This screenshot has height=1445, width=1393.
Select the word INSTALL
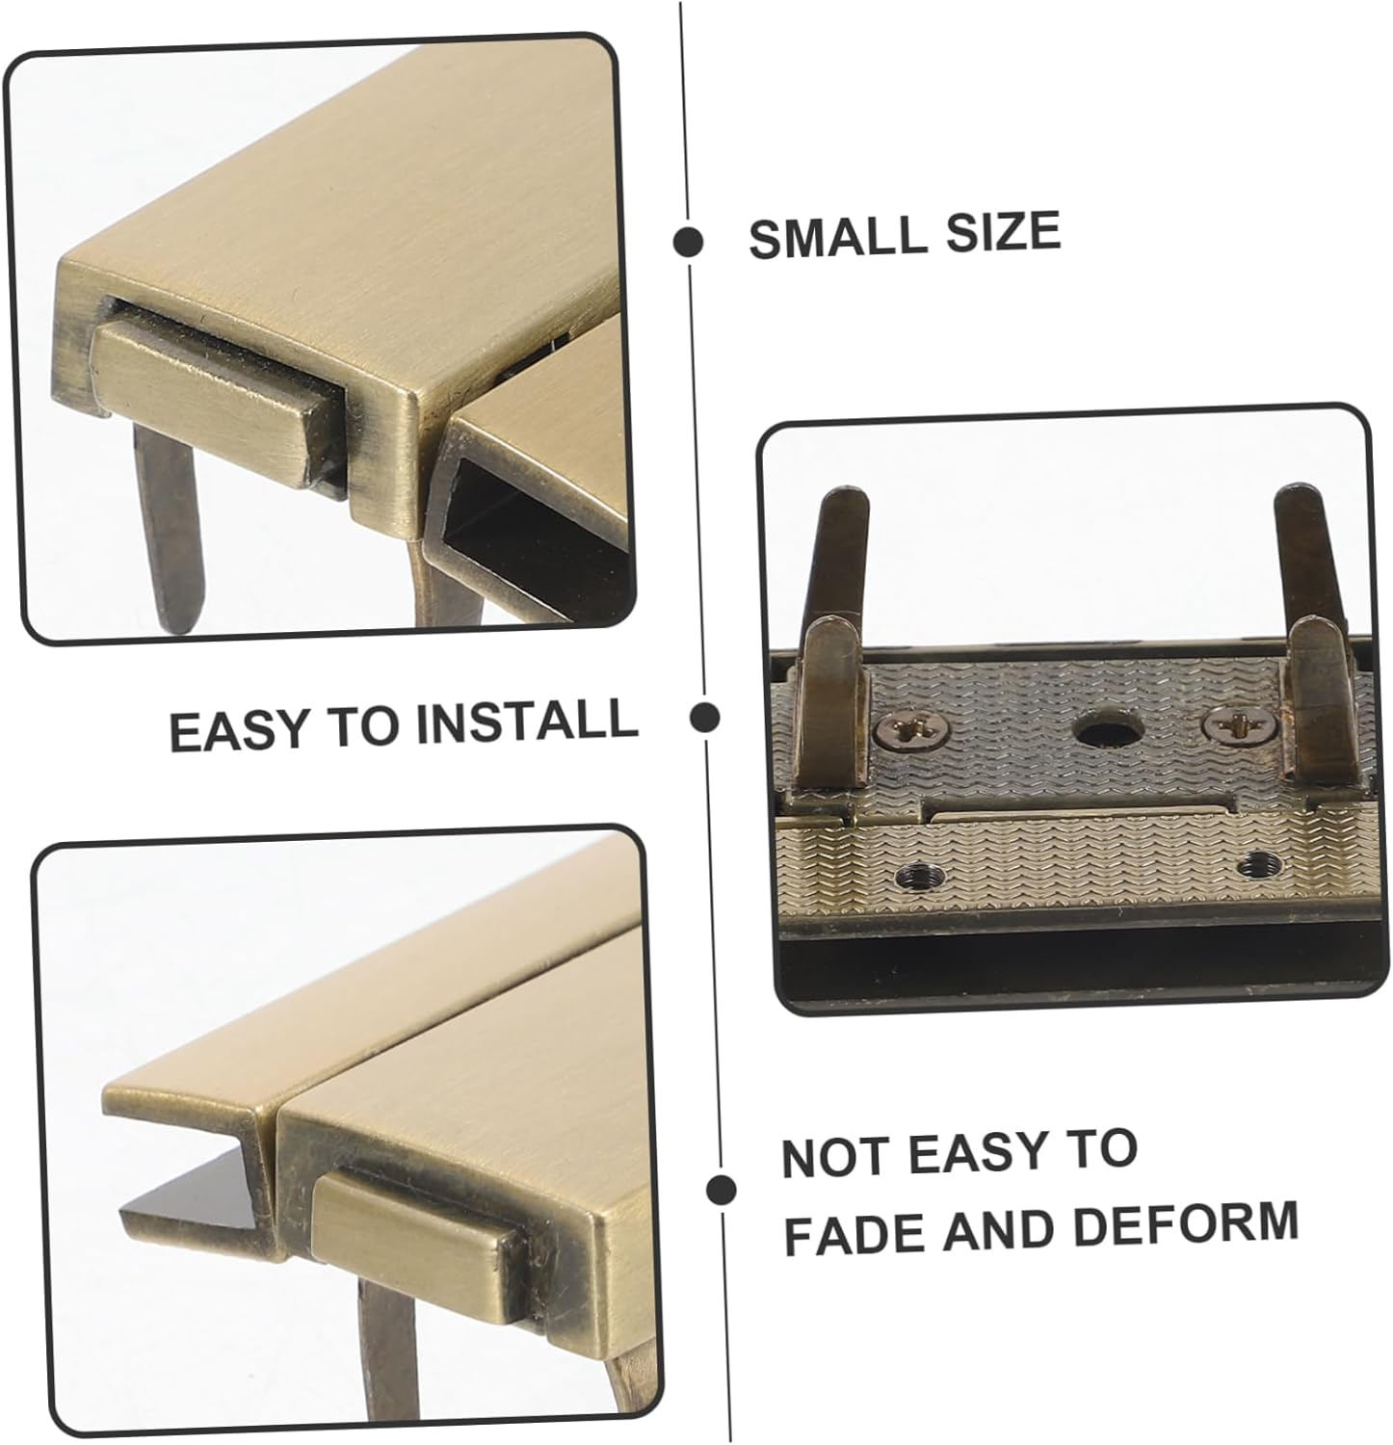tap(527, 722)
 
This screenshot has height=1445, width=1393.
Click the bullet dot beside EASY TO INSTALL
tap(706, 717)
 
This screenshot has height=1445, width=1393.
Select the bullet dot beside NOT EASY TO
tap(721, 1190)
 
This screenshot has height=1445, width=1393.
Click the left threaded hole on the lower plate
tap(914, 875)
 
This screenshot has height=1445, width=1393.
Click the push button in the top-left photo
tap(212, 407)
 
